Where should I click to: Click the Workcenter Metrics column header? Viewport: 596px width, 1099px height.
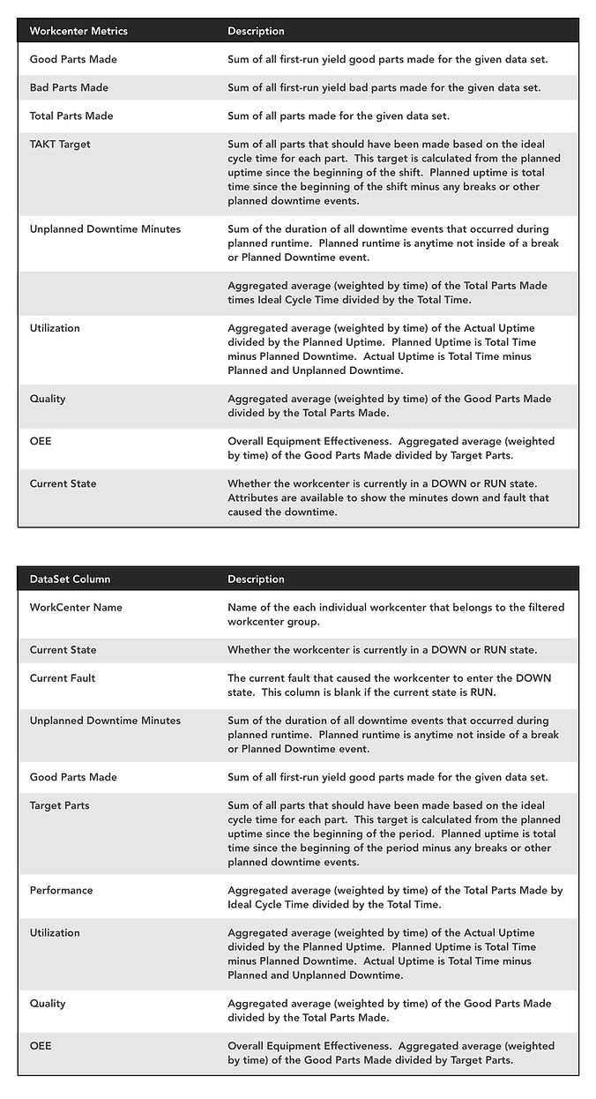click(78, 31)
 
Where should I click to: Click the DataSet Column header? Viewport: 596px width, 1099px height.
click(71, 579)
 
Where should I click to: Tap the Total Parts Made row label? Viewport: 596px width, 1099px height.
click(71, 116)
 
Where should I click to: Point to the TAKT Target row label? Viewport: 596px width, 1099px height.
click(60, 144)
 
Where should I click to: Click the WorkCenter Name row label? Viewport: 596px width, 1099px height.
click(76, 608)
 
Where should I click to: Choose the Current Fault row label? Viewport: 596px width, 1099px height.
click(63, 678)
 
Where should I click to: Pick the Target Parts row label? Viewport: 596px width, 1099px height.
click(59, 805)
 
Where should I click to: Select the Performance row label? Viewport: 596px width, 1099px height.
click(61, 890)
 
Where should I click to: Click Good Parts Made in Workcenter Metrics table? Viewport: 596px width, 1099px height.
click(73, 59)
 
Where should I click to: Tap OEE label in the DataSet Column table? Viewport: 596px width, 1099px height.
click(41, 1045)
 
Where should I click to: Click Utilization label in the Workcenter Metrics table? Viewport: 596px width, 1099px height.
click(55, 328)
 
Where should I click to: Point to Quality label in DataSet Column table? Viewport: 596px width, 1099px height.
click(48, 1003)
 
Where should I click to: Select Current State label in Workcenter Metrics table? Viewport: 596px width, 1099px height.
click(63, 483)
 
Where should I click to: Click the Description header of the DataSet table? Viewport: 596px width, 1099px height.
click(256, 579)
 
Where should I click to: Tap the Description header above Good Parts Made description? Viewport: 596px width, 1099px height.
click(256, 31)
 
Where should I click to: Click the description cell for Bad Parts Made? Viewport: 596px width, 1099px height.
click(384, 87)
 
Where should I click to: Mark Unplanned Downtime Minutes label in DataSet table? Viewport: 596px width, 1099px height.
click(105, 721)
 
